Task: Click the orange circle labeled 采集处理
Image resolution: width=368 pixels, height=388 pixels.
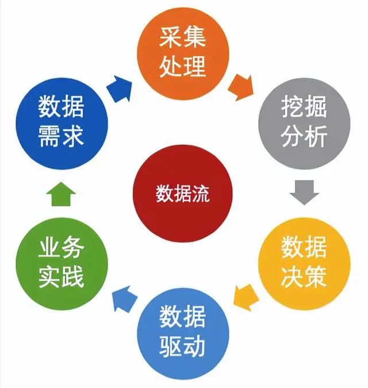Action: point(183,52)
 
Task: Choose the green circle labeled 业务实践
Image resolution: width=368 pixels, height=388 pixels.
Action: point(61,262)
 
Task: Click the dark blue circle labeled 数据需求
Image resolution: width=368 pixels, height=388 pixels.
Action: point(61,121)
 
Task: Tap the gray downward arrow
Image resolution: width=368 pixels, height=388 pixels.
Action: point(304,192)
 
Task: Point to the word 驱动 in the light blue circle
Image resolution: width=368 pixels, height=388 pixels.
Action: point(183,347)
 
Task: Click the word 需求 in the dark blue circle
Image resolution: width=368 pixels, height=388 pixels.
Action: point(62,136)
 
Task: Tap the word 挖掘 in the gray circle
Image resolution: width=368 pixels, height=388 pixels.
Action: point(305,107)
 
